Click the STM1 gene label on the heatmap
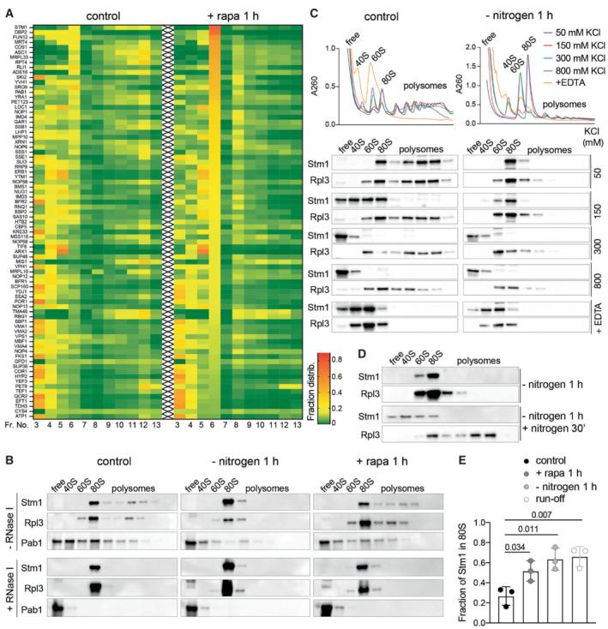click(20, 27)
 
